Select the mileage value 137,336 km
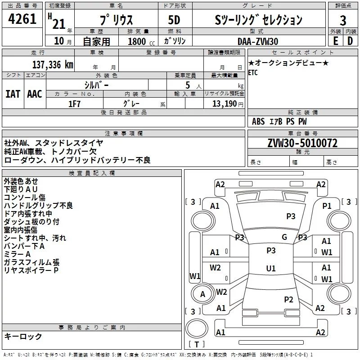pos(52,65)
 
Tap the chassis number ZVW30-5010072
pos(302,144)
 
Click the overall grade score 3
pos(343,20)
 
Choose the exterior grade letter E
pos(335,41)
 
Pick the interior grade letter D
pos(350,41)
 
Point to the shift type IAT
pos(13,94)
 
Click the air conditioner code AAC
pos(35,94)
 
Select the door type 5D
pos(174,20)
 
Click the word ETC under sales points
pos(253,73)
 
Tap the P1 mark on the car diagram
pos(327,206)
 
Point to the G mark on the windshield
pos(284,237)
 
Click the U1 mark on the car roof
pos(270,269)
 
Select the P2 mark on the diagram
pos(288,299)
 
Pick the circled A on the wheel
pos(202,294)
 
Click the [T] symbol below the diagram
pos(197,345)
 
